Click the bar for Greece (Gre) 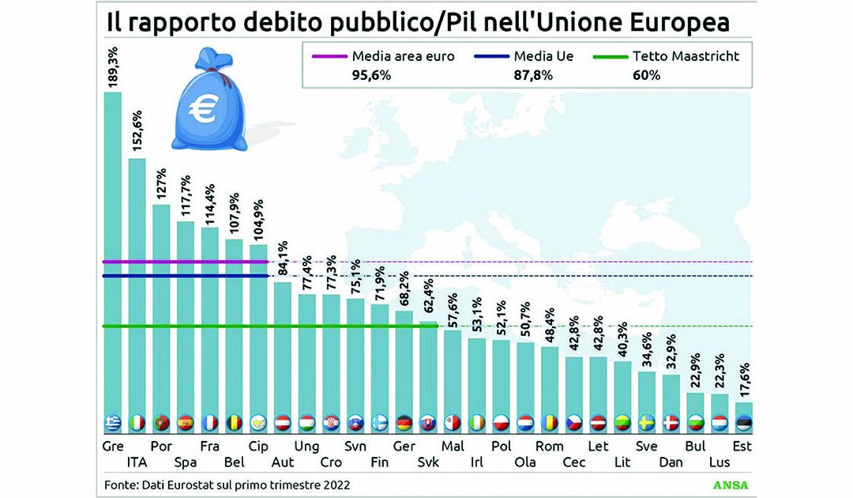click(113, 253)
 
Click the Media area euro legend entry click(380, 65)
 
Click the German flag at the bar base click(404, 422)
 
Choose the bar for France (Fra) click(210, 324)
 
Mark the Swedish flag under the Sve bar click(646, 422)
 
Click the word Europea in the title click(678, 21)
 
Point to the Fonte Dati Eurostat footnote click(227, 484)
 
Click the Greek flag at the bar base click(113, 422)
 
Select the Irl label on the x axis click(476, 462)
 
